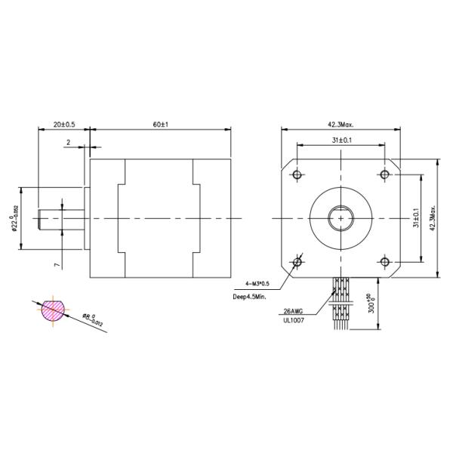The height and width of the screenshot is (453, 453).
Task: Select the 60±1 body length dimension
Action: point(160,124)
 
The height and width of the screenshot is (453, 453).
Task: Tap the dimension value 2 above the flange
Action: point(69,141)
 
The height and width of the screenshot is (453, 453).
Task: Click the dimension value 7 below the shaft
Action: point(57,265)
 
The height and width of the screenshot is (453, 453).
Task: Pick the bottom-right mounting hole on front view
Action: point(385,262)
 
